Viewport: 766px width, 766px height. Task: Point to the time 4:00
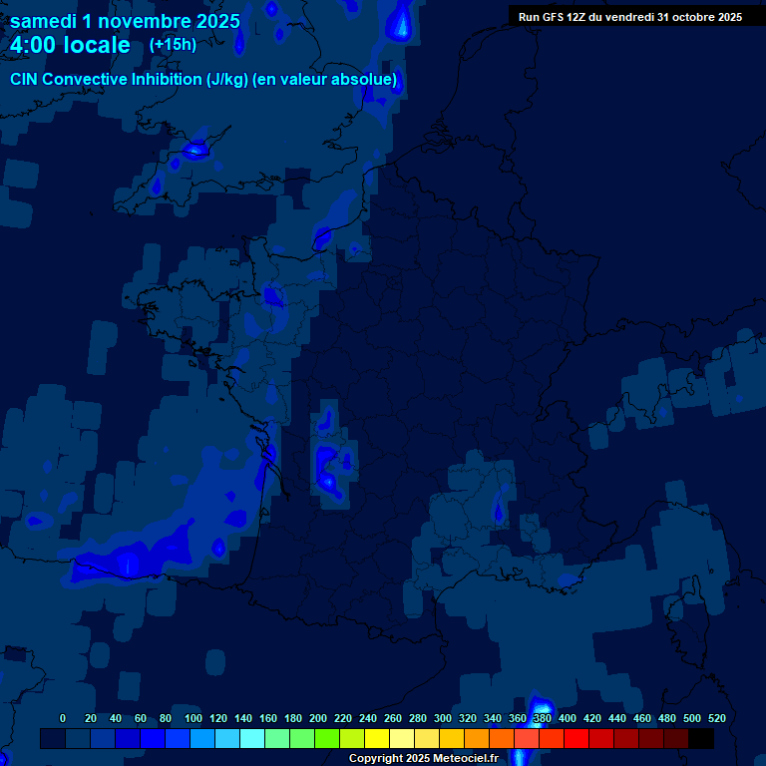33,45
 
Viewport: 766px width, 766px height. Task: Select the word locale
97,45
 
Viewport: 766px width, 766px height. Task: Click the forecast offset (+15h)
173,44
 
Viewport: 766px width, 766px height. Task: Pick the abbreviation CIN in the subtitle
25,79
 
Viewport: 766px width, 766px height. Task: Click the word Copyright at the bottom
376,759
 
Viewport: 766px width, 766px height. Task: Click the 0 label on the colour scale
63,718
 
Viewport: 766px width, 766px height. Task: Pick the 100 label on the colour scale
193,718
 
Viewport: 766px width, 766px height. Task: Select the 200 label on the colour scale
318,718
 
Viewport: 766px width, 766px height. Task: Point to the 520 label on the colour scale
716,718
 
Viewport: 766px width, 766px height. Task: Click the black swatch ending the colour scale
700,738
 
